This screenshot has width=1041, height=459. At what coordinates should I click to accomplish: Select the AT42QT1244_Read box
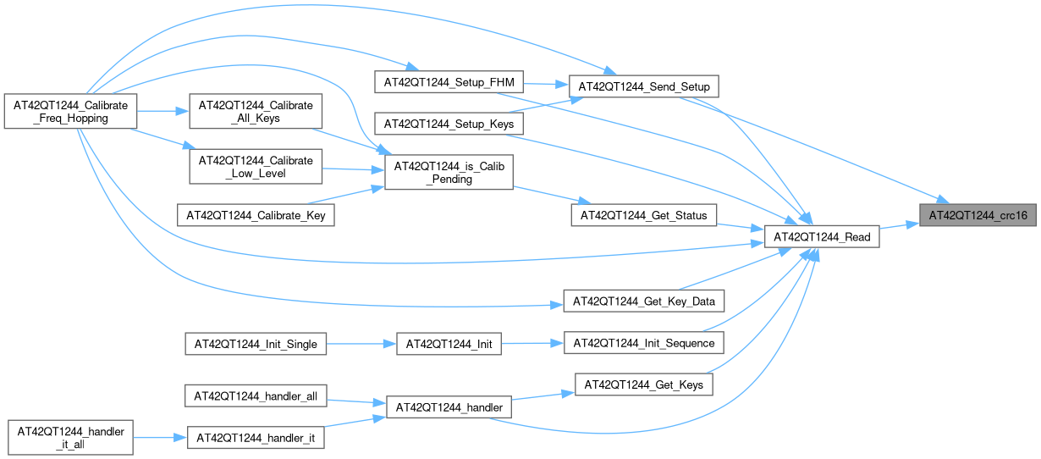[x=822, y=237]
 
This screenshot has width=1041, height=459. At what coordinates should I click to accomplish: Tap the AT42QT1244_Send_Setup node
[x=643, y=86]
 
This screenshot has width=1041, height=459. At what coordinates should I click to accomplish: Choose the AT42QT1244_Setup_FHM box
[x=449, y=82]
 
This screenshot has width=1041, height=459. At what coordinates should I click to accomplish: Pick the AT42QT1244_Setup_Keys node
[x=449, y=124]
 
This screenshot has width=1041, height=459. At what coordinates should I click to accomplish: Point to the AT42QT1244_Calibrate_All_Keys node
[x=255, y=112]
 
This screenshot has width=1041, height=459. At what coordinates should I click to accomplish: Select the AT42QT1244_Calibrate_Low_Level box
[x=255, y=168]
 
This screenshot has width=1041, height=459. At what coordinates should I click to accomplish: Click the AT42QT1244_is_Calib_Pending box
[x=449, y=173]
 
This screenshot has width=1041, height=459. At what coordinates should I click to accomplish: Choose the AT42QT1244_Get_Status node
[x=644, y=215]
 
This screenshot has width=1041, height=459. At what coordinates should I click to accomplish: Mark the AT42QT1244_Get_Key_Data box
[x=644, y=301]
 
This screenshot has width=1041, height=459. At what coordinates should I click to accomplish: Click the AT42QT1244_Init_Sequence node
[x=644, y=343]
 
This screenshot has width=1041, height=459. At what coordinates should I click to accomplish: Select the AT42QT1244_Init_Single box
[x=256, y=344]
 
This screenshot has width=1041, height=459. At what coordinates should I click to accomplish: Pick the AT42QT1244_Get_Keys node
[x=644, y=384]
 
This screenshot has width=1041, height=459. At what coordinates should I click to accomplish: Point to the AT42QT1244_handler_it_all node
[x=69, y=438]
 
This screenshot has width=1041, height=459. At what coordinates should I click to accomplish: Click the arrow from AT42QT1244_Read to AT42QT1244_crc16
[x=901, y=225]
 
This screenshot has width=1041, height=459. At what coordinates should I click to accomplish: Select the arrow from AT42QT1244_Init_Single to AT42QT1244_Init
[x=361, y=344]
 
